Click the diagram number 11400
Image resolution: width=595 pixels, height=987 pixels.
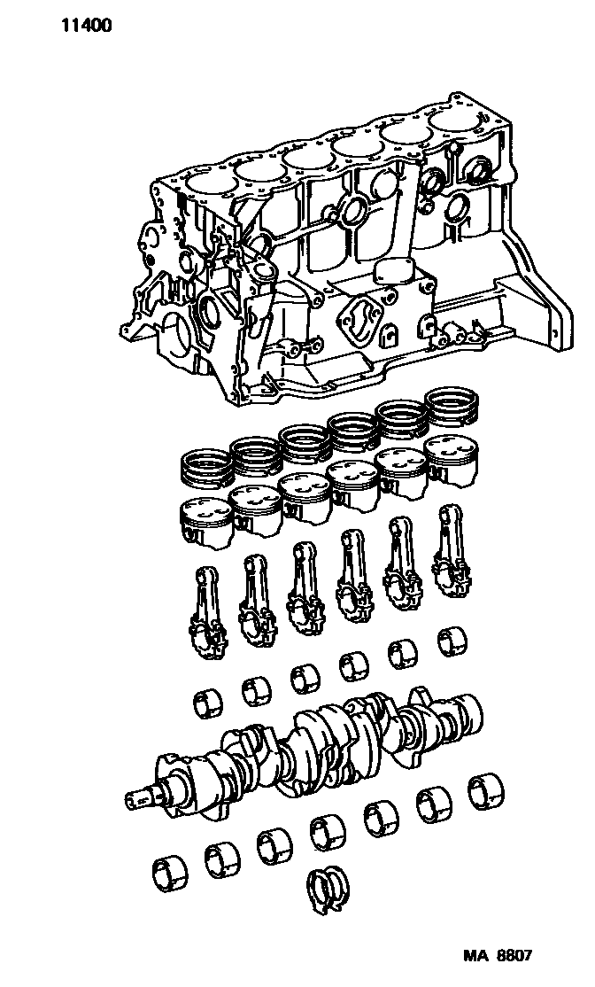point(87,26)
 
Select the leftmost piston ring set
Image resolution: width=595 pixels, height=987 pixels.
point(205,466)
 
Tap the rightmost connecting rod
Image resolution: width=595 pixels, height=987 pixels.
point(451,551)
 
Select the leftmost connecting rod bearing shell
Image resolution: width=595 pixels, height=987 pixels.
point(207,703)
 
